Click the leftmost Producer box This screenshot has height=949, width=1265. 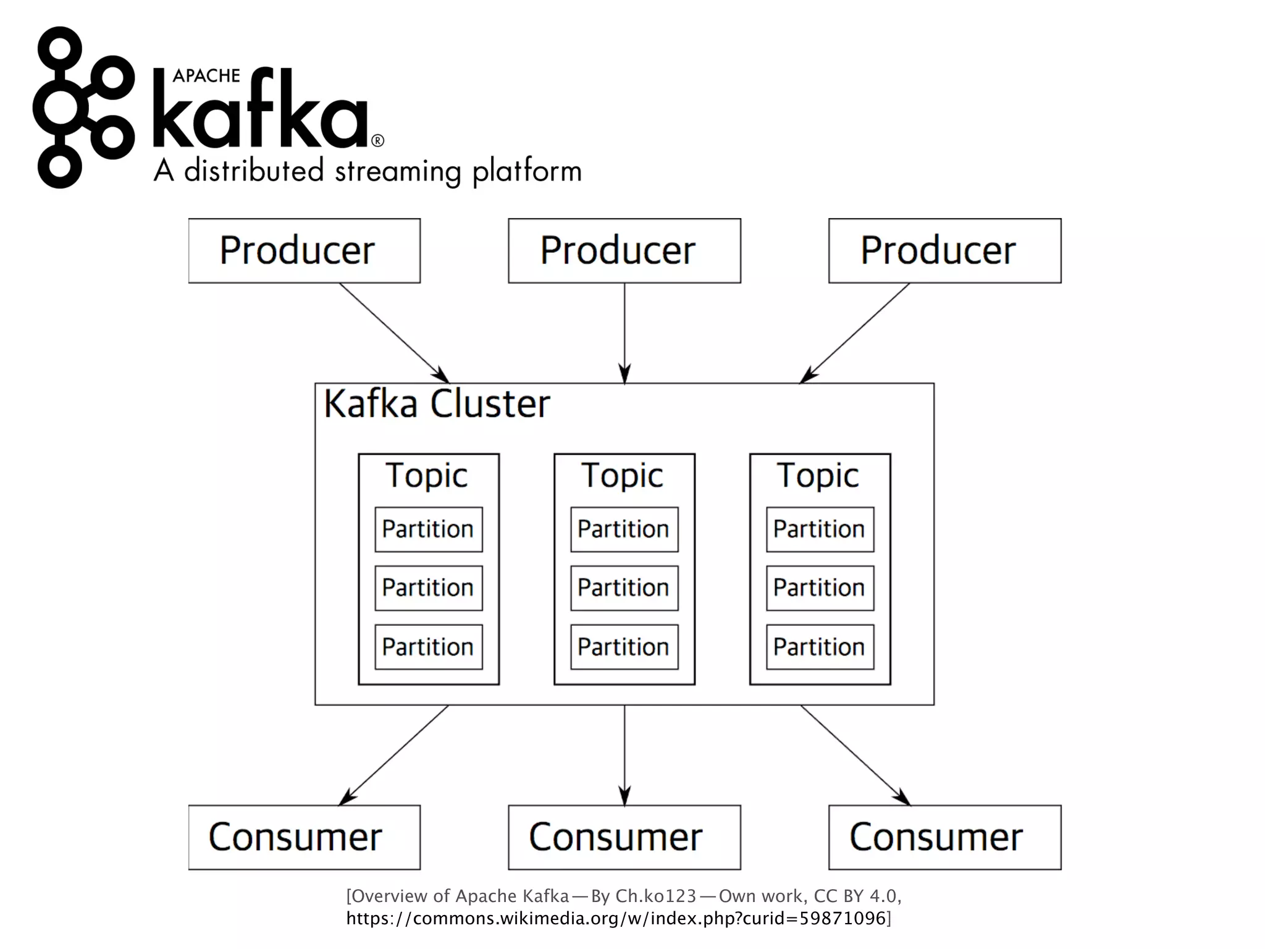tap(304, 251)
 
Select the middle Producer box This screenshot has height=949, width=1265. tap(624, 251)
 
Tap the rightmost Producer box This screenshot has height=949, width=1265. tap(944, 251)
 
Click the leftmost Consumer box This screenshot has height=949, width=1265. tap(304, 837)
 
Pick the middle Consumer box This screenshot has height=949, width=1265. tap(624, 837)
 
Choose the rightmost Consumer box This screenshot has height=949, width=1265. tap(944, 837)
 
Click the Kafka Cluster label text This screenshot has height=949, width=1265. tap(436, 405)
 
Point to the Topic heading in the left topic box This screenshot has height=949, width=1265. tap(427, 476)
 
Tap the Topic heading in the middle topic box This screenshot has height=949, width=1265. tap(623, 476)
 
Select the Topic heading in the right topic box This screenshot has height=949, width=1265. tap(818, 476)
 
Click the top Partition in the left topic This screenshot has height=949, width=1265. tap(428, 529)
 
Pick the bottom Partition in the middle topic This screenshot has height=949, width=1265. tap(624, 647)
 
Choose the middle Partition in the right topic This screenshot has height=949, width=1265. tap(820, 588)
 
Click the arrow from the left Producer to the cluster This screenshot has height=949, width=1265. tap(393, 332)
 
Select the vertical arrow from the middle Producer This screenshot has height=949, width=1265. tap(624, 334)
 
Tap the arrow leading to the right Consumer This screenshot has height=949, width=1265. tap(855, 755)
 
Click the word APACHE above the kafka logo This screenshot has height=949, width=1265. tap(206, 76)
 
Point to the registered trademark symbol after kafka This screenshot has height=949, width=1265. tap(377, 141)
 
